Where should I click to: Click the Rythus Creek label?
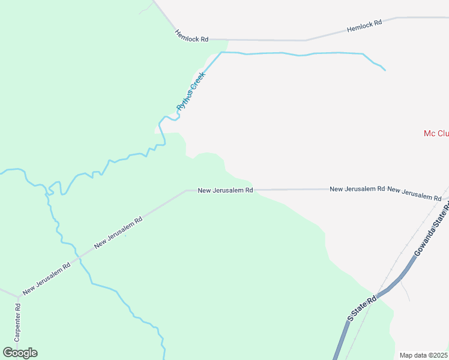(x=191, y=91)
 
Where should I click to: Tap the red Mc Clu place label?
(x=436, y=133)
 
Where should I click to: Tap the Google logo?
(x=20, y=353)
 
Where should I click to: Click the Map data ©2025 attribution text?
(x=424, y=355)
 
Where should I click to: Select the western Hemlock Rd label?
(x=191, y=35)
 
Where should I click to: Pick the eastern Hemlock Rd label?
(x=364, y=26)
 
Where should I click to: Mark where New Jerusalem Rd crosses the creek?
(x=78, y=257)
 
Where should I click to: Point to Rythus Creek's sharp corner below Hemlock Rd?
(x=221, y=53)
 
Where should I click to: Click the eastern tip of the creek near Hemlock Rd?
(x=384, y=70)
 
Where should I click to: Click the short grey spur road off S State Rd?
(x=406, y=292)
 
